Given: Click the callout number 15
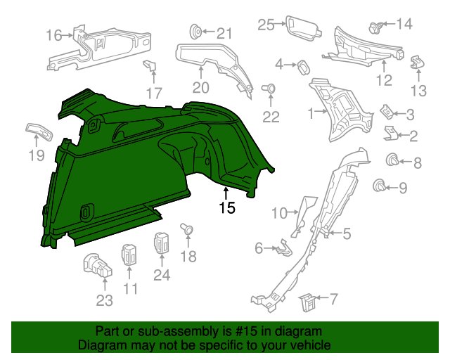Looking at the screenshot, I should [x=226, y=208].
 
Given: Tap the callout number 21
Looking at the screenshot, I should [x=224, y=33].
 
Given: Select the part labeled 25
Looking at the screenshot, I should [x=303, y=27].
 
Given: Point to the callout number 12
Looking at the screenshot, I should [x=384, y=80].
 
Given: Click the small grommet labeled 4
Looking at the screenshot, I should [x=304, y=66].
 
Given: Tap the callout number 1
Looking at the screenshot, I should [x=311, y=112].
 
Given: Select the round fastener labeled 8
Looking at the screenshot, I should [x=393, y=162].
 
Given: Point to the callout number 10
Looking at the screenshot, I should [x=280, y=212].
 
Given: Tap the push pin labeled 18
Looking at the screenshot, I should [x=188, y=229].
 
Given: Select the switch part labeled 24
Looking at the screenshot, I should [x=162, y=243].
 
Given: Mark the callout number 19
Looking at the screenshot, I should [x=37, y=156].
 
